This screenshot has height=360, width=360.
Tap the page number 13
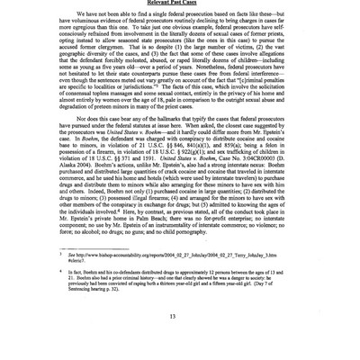180,353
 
